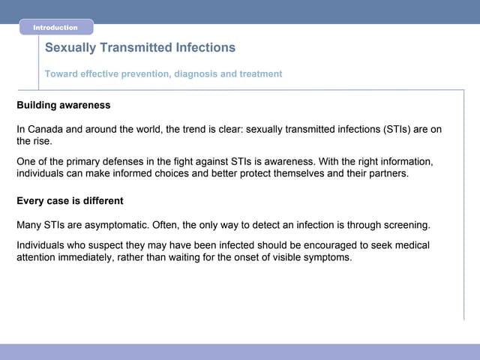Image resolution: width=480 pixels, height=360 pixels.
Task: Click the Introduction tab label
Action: click(x=55, y=28)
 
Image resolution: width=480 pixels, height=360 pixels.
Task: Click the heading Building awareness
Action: click(x=63, y=105)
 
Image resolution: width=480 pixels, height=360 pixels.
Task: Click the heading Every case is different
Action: click(x=70, y=202)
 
